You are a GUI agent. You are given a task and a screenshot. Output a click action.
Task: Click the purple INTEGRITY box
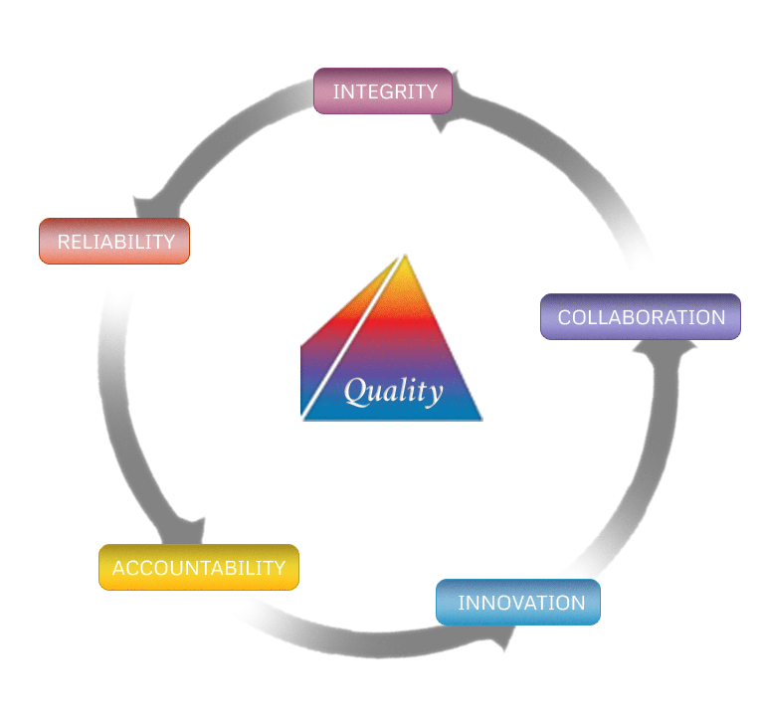pyautogui.click(x=383, y=91)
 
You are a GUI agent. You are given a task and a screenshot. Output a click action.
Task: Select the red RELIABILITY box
pyautogui.click(x=114, y=241)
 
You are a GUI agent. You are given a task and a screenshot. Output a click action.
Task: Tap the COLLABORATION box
pyautogui.click(x=641, y=317)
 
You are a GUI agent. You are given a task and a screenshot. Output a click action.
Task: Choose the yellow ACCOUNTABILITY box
pyautogui.click(x=199, y=567)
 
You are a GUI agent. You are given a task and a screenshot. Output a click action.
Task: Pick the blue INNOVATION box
pyautogui.click(x=518, y=602)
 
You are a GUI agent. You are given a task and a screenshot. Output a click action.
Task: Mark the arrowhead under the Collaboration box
pyautogui.click(x=666, y=349)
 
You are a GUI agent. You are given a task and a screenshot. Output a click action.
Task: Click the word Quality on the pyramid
pyautogui.click(x=393, y=391)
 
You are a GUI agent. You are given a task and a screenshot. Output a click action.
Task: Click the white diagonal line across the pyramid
pyautogui.click(x=352, y=336)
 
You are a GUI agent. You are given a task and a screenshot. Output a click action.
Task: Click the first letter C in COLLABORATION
pyautogui.click(x=565, y=317)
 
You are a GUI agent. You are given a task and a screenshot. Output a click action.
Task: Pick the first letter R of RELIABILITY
pyautogui.click(x=64, y=242)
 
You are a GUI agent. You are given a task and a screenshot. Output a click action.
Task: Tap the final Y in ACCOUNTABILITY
pyautogui.click(x=280, y=568)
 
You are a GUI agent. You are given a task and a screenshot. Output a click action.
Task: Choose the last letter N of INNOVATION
pyautogui.click(x=578, y=603)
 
